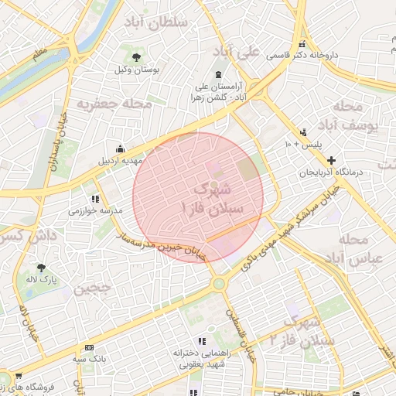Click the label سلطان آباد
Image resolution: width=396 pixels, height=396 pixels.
point(159,22)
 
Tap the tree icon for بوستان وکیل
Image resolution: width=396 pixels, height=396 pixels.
point(137,57)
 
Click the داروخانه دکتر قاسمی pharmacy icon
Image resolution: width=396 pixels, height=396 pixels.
point(302,44)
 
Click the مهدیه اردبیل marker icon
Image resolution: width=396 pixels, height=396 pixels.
point(120,148)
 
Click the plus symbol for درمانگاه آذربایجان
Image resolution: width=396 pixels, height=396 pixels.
point(332,159)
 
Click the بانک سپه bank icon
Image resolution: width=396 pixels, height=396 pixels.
point(90,347)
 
